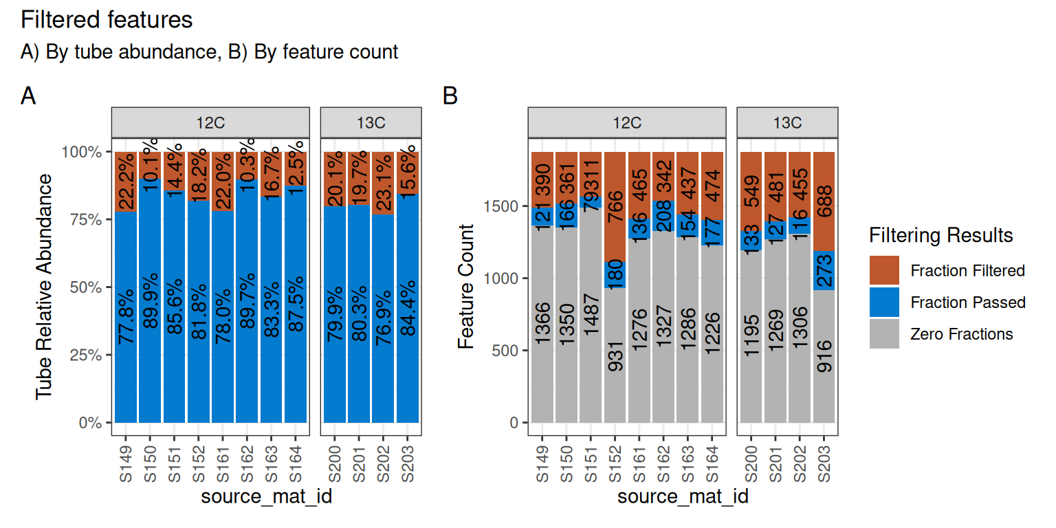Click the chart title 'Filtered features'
(x=107, y=20)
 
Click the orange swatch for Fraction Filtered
(x=884, y=271)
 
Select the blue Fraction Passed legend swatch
(x=884, y=302)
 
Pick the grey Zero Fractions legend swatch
(x=884, y=334)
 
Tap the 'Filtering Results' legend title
(x=941, y=236)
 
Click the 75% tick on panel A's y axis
(x=86, y=219)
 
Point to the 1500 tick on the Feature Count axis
(x=500, y=206)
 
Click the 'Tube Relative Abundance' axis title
(x=44, y=286)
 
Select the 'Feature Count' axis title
(x=467, y=286)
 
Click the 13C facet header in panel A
(x=371, y=123)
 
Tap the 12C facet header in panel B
(x=626, y=123)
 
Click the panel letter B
(x=450, y=96)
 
